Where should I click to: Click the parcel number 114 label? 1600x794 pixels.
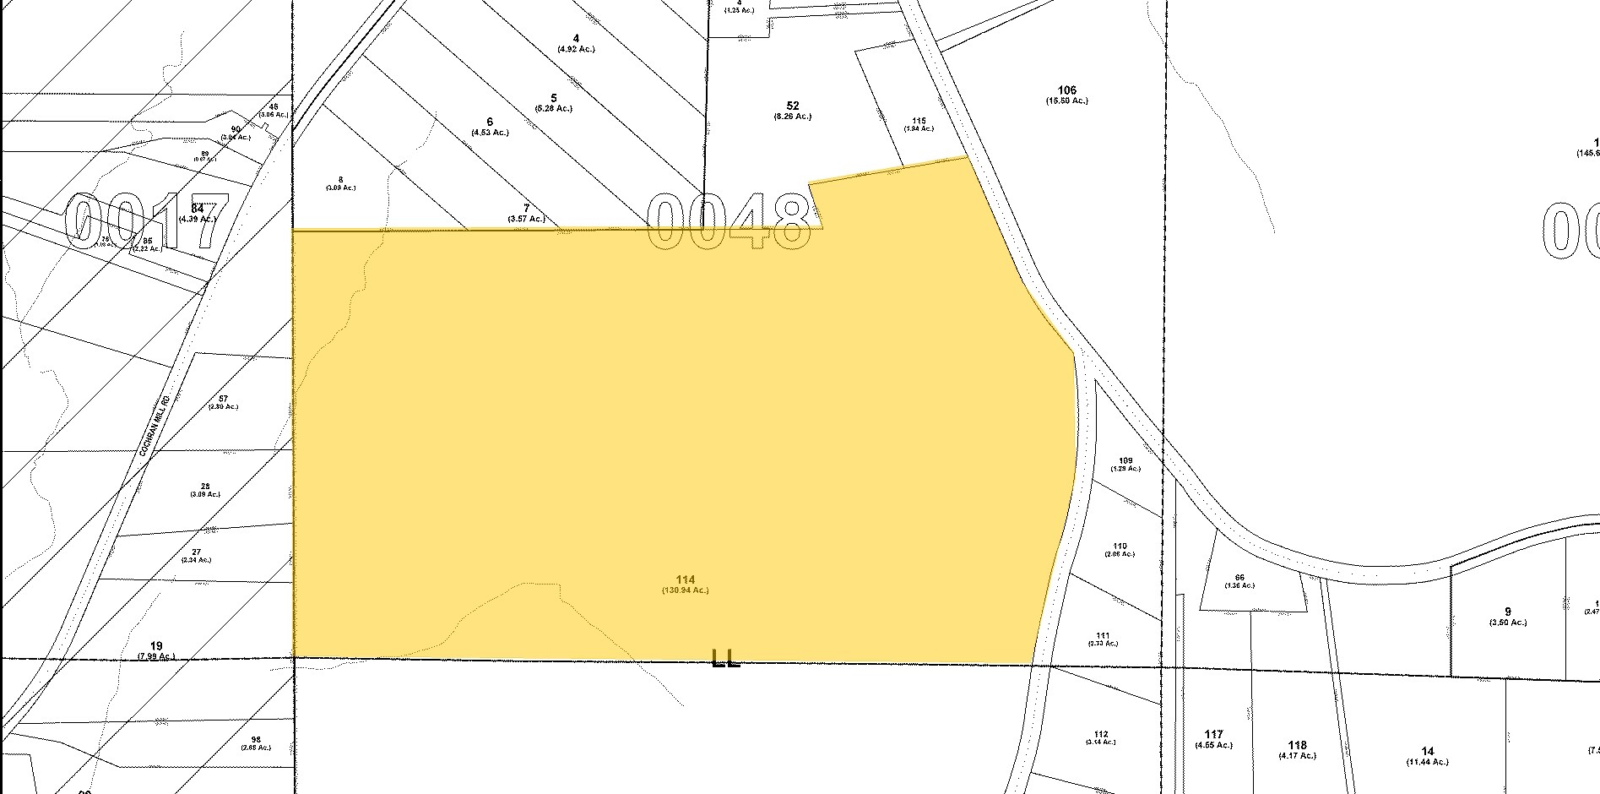[x=685, y=579]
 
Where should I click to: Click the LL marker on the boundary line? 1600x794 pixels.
[x=726, y=658]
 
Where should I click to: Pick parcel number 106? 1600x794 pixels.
[x=1067, y=90]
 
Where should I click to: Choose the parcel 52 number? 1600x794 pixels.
[x=792, y=106]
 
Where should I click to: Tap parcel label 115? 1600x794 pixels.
[x=919, y=120]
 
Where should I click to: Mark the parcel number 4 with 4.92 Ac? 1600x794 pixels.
[x=576, y=38]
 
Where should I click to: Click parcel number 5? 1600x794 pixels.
[x=553, y=97]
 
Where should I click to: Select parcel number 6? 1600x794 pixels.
[x=490, y=122]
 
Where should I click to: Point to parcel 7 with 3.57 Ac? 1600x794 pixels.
[x=526, y=207]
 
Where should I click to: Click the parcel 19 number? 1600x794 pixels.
[x=155, y=645]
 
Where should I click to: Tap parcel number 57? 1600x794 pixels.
[x=224, y=398]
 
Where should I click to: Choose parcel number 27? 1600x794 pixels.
[x=196, y=551]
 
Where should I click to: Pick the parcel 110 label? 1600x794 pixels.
[x=1120, y=546]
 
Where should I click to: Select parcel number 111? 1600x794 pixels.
[x=1103, y=635]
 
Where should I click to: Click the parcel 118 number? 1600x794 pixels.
[x=1298, y=745]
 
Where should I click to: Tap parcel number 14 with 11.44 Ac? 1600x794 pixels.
[x=1428, y=751]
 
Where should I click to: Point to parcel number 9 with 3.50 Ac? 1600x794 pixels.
[x=1508, y=612]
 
